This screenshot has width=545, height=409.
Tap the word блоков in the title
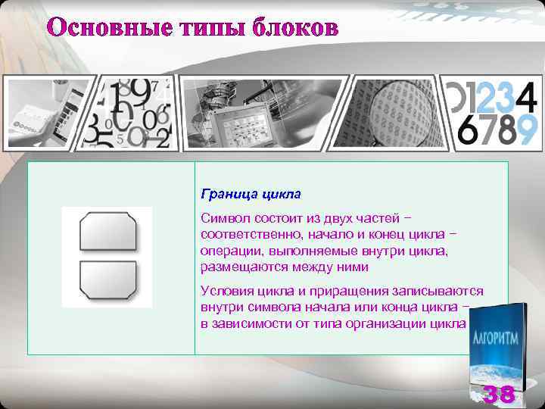(x=294, y=29)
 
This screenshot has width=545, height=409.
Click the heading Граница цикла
(x=251, y=194)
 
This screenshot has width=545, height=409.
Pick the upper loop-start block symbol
(x=107, y=231)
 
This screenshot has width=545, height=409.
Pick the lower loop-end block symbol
(x=107, y=279)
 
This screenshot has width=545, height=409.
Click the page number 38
(x=499, y=394)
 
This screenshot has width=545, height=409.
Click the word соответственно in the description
(x=256, y=234)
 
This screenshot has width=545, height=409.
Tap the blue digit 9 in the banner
(x=526, y=130)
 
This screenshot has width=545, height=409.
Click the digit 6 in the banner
(x=469, y=130)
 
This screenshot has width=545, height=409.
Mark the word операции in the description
(x=230, y=250)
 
